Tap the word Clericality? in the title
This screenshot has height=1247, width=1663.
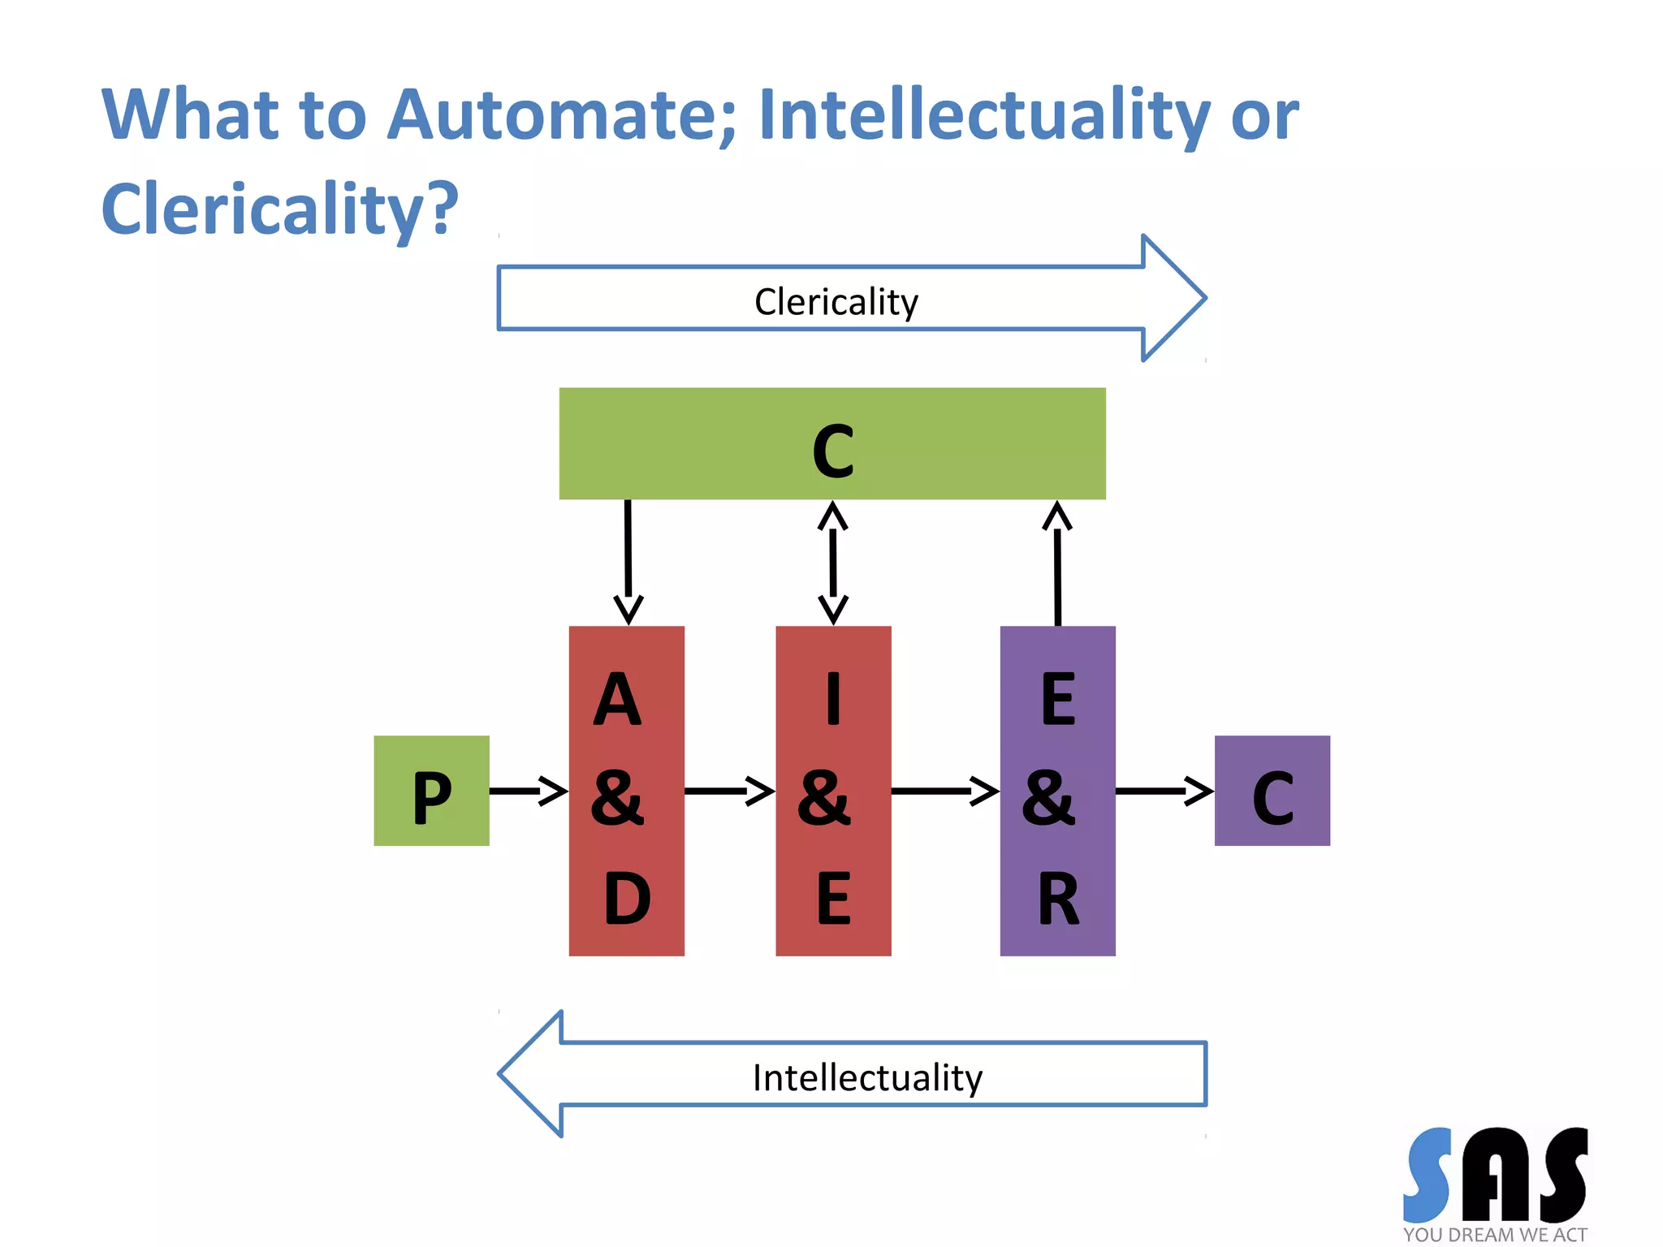click(x=279, y=209)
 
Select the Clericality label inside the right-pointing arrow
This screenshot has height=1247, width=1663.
click(x=836, y=302)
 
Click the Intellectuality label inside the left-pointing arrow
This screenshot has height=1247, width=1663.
click(x=866, y=1078)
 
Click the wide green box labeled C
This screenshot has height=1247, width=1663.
click(x=831, y=443)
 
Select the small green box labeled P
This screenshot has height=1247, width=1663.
click(x=431, y=791)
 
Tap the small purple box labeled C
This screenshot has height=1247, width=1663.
click(x=1272, y=791)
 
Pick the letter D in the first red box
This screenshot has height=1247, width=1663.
click(x=627, y=899)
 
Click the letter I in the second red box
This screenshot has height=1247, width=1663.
click(x=833, y=700)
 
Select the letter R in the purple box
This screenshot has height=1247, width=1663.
click(x=1058, y=899)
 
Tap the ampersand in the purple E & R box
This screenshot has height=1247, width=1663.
click(x=1048, y=799)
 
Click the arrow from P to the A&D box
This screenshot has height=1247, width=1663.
click(x=528, y=791)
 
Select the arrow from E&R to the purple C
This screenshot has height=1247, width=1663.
click(x=1164, y=791)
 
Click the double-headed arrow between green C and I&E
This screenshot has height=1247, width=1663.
click(x=833, y=563)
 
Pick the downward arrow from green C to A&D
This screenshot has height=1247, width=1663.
click(x=628, y=560)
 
